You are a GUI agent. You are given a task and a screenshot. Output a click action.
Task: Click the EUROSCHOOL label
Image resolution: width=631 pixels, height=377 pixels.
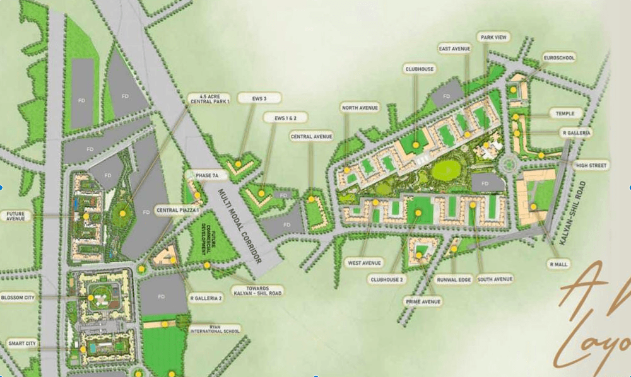click(559, 58)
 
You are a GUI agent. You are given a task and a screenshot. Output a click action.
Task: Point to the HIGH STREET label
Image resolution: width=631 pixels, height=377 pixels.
click(591, 166)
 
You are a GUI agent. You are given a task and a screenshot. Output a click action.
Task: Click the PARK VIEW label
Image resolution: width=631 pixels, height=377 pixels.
click(493, 38)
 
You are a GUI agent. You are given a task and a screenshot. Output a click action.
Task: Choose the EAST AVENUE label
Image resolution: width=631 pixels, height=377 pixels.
click(454, 48)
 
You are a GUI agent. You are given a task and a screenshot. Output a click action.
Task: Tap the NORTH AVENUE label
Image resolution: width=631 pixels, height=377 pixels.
click(360, 108)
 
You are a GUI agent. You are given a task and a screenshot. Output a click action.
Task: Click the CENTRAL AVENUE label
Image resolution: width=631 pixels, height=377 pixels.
click(311, 136)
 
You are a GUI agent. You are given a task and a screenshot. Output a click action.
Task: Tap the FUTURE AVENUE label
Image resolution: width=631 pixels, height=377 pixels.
click(16, 217)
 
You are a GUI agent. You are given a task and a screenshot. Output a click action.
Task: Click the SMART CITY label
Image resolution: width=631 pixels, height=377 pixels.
click(21, 344)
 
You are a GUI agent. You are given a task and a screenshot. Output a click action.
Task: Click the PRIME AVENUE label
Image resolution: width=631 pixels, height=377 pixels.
click(423, 302)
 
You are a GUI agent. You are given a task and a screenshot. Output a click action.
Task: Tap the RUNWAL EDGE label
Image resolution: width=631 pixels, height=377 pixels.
click(453, 279)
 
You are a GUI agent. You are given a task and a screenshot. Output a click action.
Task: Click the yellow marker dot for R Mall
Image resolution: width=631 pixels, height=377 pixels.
click(533, 207)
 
